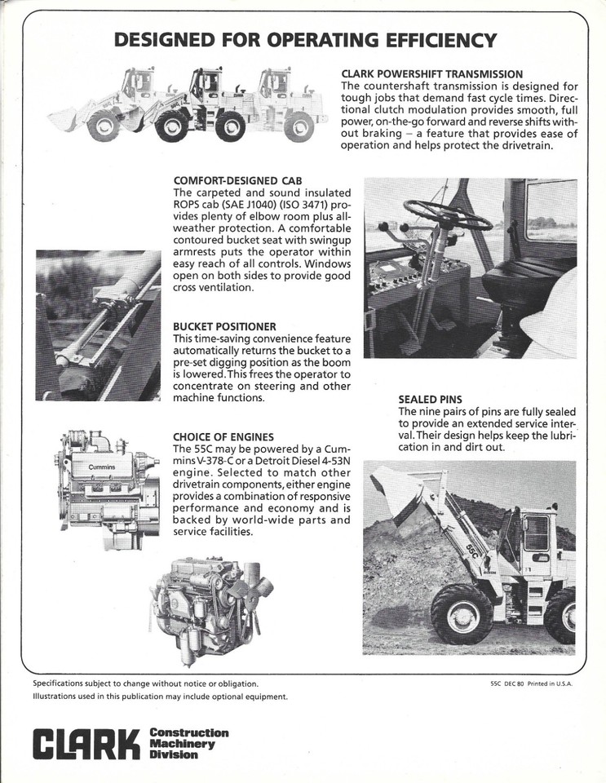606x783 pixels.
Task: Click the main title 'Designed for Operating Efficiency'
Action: (304, 40)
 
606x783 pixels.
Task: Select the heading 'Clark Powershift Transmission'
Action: (431, 74)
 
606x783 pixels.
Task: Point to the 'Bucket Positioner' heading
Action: (224, 326)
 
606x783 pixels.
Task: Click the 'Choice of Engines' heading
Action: (223, 437)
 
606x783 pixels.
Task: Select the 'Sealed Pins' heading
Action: (430, 400)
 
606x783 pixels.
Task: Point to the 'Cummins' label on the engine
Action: (96, 467)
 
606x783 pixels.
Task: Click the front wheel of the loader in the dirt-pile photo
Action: (461, 613)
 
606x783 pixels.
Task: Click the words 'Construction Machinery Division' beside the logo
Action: (189, 743)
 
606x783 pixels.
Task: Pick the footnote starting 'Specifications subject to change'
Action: (145, 683)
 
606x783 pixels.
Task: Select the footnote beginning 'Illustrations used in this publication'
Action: (160, 697)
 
